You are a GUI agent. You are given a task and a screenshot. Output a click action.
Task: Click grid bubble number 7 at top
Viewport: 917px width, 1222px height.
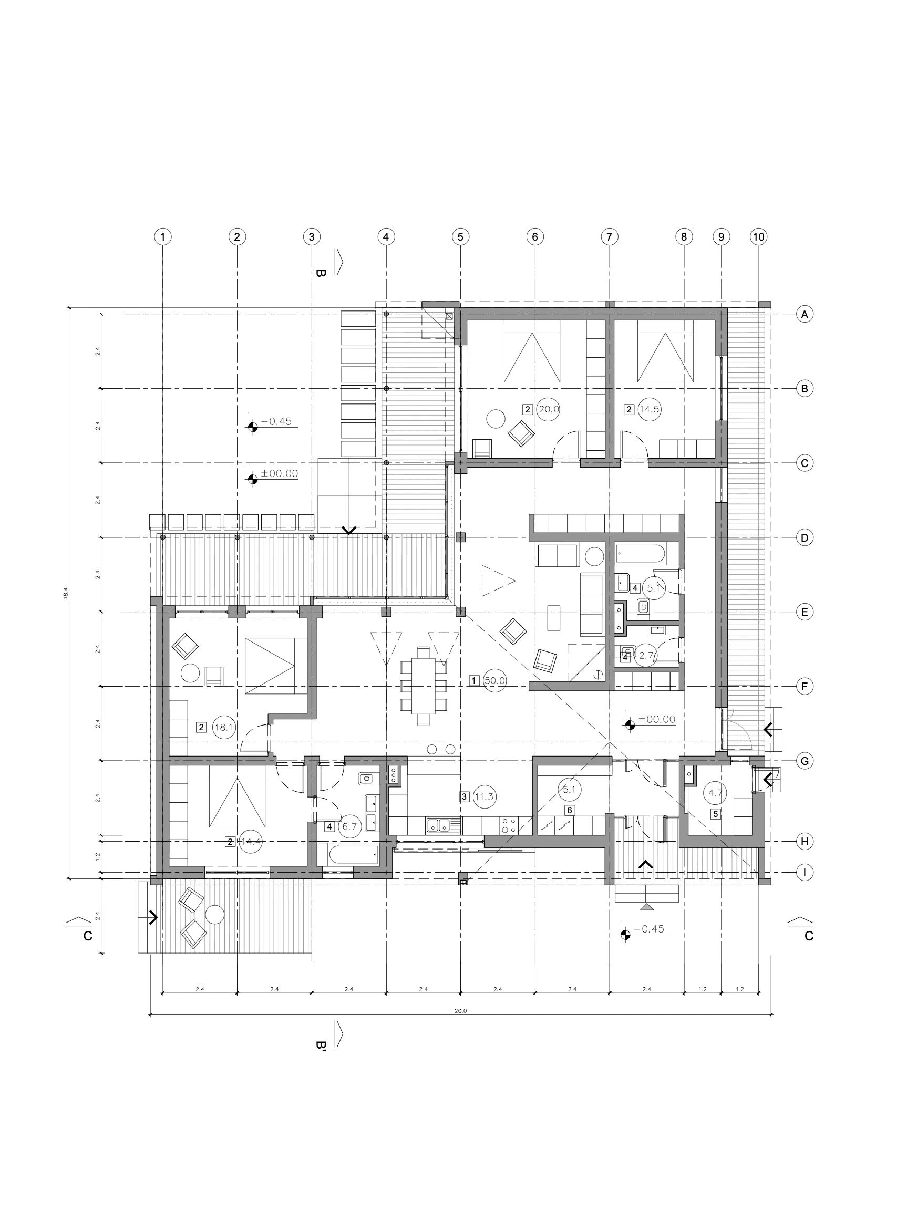click(609, 237)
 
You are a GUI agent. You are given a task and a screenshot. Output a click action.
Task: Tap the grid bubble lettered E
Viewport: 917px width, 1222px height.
click(804, 612)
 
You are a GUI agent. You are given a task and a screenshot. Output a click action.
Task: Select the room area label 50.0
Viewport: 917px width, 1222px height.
click(494, 680)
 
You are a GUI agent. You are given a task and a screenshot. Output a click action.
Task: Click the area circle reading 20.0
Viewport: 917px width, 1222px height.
click(548, 409)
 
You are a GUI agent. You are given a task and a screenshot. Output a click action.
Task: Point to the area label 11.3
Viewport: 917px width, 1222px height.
click(484, 796)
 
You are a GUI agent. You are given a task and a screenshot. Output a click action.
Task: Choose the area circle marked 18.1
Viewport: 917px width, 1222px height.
click(224, 727)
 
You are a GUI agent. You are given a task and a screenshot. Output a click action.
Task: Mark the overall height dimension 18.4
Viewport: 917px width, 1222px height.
click(65, 593)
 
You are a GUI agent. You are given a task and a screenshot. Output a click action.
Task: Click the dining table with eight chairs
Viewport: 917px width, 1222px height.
click(424, 686)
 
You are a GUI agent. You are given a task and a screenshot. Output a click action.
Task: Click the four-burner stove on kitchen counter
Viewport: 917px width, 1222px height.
click(509, 826)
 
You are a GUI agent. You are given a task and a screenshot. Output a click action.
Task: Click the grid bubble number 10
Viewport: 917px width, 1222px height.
click(758, 237)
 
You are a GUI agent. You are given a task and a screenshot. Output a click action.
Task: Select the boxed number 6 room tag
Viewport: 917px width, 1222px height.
click(569, 810)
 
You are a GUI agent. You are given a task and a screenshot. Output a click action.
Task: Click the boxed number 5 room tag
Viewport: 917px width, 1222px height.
click(715, 814)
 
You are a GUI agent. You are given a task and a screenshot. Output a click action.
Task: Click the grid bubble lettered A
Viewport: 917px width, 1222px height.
click(804, 314)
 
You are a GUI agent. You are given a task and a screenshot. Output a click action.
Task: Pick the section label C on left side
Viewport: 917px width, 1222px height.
click(87, 936)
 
